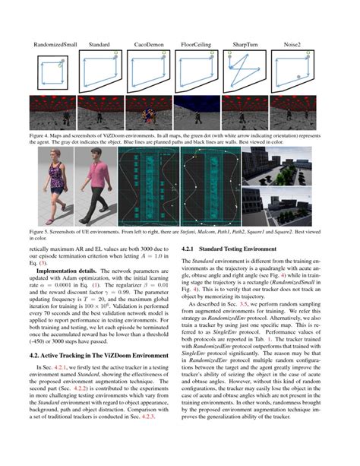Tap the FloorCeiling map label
pos(200,46)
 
